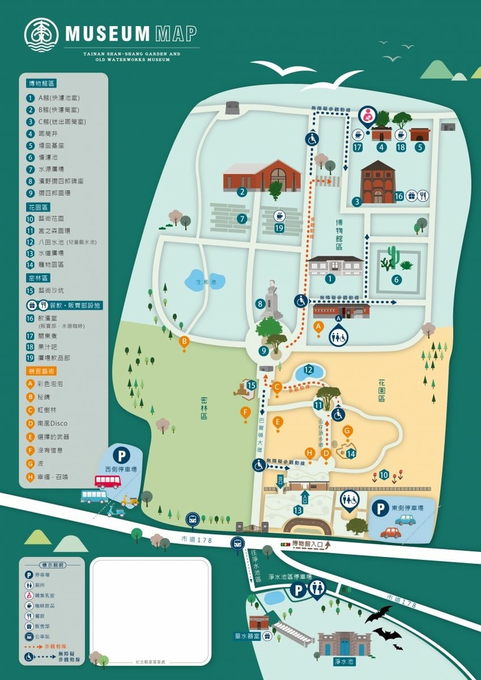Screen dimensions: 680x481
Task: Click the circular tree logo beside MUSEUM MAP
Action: [x=41, y=35]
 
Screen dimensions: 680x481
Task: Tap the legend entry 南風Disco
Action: [x=52, y=424]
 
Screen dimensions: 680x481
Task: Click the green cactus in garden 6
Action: [x=393, y=256]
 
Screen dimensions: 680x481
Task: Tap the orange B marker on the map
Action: [x=184, y=341]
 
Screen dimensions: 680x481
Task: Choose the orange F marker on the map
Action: [x=245, y=412]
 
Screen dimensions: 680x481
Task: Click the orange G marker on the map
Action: [x=347, y=430]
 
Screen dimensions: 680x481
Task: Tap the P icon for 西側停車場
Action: [x=121, y=456]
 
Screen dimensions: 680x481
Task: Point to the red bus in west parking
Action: [x=107, y=481]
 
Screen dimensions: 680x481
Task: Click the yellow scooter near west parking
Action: [x=130, y=501]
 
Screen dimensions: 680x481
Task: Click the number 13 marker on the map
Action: [x=298, y=509]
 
